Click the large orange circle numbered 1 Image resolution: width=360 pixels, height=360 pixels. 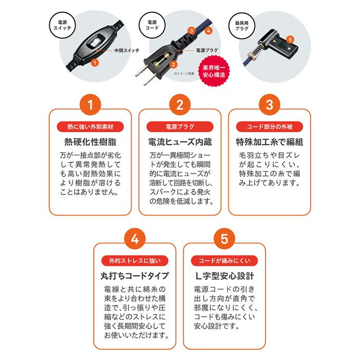90,105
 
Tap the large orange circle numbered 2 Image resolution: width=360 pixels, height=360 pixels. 180,105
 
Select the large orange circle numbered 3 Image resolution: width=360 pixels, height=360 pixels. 269,105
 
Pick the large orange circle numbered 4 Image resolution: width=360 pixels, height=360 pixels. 135,239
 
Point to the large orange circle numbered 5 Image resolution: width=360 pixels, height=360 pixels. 224,239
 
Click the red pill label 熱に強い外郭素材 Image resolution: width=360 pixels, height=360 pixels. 90,127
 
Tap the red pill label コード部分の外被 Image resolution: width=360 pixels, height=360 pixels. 269,127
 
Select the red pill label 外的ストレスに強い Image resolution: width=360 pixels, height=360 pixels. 135,261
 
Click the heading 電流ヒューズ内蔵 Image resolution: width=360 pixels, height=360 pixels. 180,142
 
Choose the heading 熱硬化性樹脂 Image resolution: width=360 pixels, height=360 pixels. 90,142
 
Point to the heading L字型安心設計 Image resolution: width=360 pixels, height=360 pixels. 224,276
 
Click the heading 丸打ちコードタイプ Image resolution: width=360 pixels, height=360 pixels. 135,276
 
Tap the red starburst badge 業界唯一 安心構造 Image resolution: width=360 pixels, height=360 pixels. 214,71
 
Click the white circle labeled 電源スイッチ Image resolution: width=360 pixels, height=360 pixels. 62,25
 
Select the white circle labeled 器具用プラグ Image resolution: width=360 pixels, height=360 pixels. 242,26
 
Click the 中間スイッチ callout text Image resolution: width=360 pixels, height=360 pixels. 127,50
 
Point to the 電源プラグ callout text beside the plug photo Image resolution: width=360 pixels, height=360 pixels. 207,50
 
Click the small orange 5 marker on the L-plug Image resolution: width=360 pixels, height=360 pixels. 290,40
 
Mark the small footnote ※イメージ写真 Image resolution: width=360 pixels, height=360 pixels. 184,74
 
